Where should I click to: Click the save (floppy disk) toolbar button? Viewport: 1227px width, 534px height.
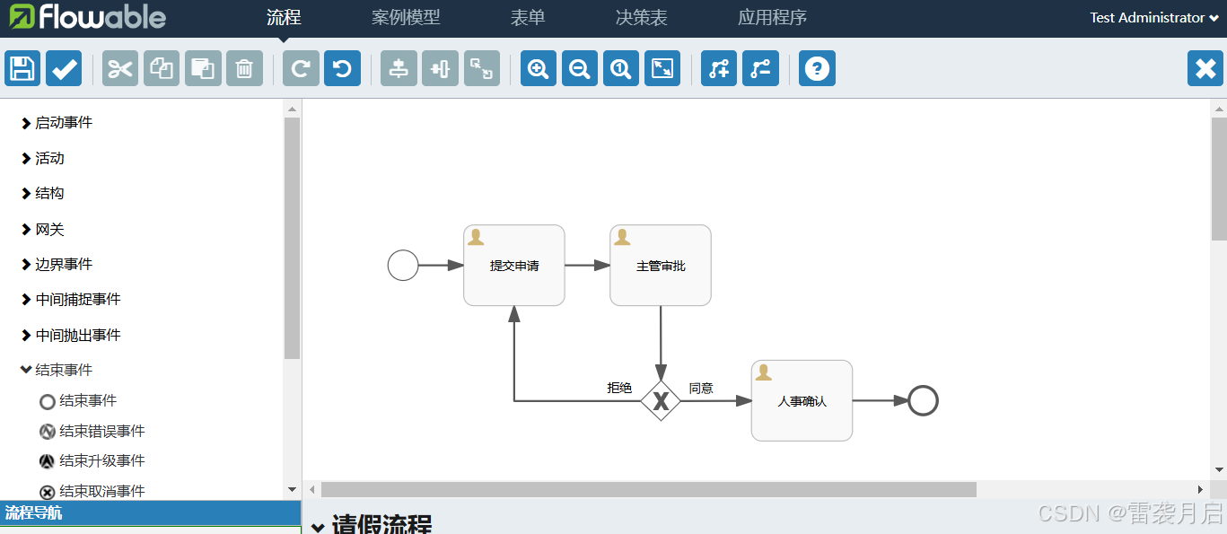[22, 68]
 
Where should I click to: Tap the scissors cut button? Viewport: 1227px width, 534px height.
[120, 68]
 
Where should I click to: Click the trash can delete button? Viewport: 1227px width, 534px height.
[244, 68]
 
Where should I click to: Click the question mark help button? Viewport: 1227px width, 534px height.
[817, 68]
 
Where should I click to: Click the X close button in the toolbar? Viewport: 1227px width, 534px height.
[1205, 68]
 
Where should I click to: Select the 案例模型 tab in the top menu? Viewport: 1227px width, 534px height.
[406, 18]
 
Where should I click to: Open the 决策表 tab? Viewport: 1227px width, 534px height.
[641, 18]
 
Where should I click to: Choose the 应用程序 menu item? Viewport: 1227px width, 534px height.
[772, 18]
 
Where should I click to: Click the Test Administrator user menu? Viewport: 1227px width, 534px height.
[1153, 18]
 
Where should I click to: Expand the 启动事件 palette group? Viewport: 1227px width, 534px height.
[63, 123]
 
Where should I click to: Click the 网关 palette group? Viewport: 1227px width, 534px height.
[49, 230]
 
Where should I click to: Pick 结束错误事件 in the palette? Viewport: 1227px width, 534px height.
[101, 432]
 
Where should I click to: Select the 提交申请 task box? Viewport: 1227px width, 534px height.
[514, 266]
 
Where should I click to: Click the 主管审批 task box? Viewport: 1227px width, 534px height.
[661, 266]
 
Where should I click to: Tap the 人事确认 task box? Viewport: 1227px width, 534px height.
[802, 401]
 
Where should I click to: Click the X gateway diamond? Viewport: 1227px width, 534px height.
[661, 401]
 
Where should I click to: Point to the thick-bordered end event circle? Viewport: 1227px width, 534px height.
[923, 400]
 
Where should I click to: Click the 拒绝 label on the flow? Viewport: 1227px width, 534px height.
[619, 388]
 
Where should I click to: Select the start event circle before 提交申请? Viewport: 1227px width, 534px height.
[403, 266]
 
